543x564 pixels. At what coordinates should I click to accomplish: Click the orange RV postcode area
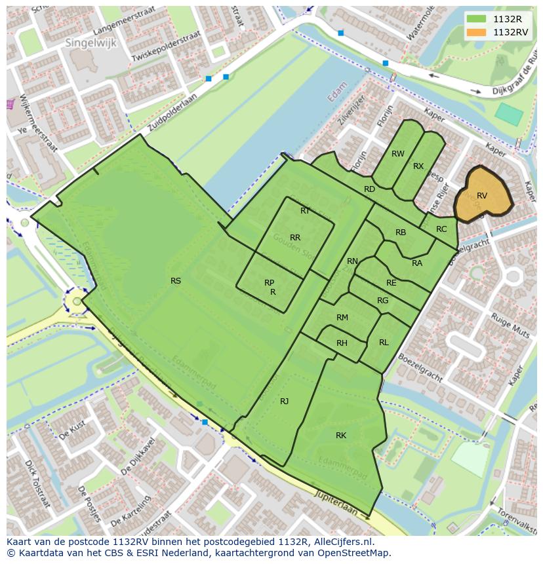click(483, 195)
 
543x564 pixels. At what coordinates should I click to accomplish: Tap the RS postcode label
click(176, 281)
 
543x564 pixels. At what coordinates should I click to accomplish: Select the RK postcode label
click(341, 436)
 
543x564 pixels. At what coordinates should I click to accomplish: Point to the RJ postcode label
click(285, 402)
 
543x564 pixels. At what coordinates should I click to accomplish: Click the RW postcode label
click(398, 154)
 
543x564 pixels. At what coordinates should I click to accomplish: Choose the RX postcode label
click(418, 166)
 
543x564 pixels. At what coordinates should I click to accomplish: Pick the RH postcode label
click(342, 343)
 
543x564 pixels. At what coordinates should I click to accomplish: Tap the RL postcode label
click(384, 343)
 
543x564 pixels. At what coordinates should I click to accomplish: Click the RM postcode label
click(342, 318)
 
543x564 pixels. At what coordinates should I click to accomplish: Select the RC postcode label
click(441, 229)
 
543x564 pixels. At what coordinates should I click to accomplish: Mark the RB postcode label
click(401, 233)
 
